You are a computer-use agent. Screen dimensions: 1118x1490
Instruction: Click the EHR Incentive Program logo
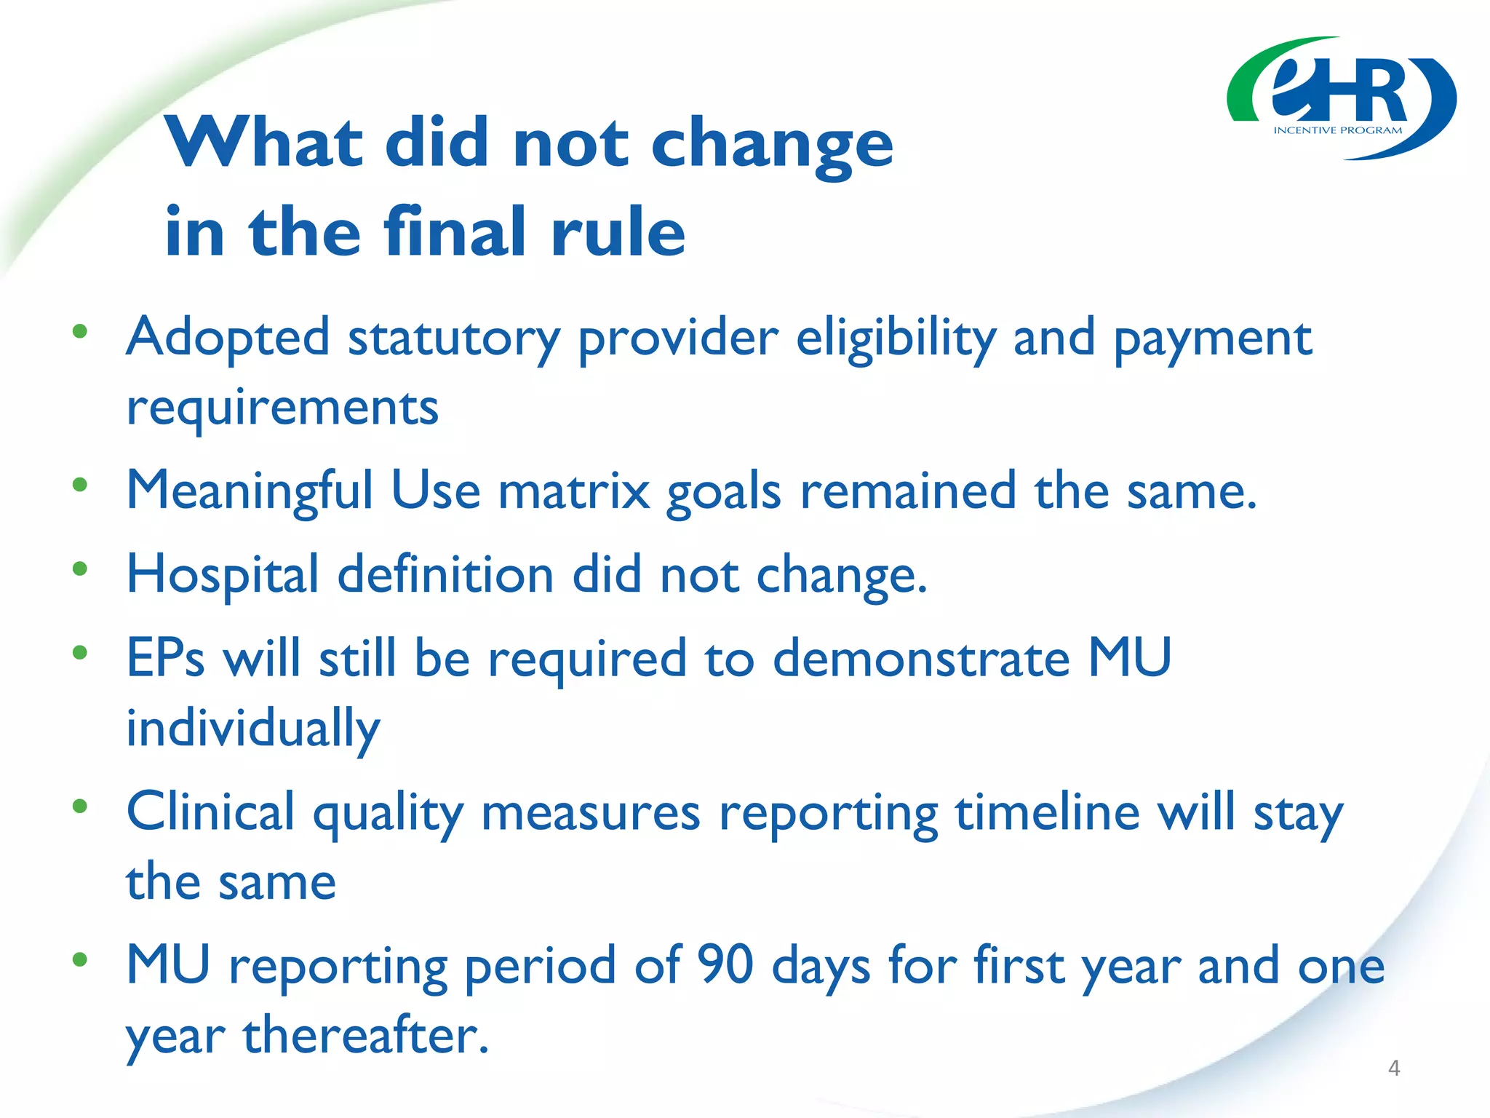(1341, 98)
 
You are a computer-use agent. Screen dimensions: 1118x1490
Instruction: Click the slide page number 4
(1393, 1068)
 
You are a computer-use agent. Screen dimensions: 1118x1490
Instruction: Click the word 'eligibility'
(896, 338)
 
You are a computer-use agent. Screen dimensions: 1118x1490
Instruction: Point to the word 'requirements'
(282, 408)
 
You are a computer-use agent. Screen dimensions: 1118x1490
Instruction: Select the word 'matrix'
(573, 491)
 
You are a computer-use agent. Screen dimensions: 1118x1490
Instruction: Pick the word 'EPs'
(165, 658)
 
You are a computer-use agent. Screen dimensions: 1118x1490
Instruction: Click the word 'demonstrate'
(920, 658)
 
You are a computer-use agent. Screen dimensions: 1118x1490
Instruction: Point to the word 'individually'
(252, 729)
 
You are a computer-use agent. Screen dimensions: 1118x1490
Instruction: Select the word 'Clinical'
(210, 812)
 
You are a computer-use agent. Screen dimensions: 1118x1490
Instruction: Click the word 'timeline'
(1047, 812)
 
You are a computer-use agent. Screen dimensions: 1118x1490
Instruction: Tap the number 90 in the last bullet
(725, 965)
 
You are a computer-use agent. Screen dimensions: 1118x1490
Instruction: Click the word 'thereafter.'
(366, 1036)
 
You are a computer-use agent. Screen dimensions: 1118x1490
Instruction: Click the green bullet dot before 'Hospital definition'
(80, 568)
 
